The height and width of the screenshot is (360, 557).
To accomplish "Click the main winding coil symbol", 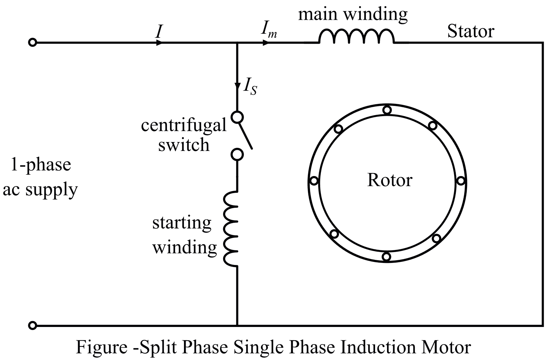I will pos(356,37).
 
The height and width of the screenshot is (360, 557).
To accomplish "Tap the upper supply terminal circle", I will pos(32,43).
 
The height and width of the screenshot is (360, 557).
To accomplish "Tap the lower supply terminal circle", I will pos(32,326).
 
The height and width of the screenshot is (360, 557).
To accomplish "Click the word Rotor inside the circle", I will pos(389,180).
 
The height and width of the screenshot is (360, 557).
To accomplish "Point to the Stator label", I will pos(470,31).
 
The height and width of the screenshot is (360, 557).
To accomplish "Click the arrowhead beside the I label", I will pos(159,43).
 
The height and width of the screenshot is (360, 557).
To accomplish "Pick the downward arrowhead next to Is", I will pos(237,85).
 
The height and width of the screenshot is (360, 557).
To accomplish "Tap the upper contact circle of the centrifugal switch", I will pos(237,117).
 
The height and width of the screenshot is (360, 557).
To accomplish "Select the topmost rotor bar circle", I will pos(387,110).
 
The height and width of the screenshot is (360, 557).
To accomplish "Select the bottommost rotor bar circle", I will pos(386,256).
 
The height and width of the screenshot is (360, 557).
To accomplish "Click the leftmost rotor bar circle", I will pos(314,181).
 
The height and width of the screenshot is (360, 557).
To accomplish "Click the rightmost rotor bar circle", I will pos(460,181).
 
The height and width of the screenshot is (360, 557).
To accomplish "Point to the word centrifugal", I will pos(184,125).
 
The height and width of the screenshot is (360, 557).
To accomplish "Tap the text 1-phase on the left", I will pos(41,165).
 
